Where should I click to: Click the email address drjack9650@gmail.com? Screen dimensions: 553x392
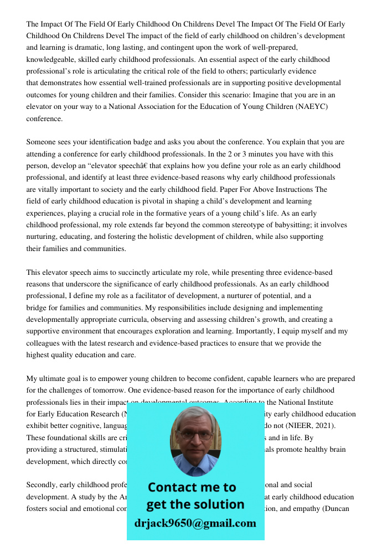pyautogui.click(x=195, y=523)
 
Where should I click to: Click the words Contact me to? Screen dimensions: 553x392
pyautogui.click(x=192, y=487)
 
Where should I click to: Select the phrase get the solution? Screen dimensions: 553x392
pyautogui.click(x=195, y=504)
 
